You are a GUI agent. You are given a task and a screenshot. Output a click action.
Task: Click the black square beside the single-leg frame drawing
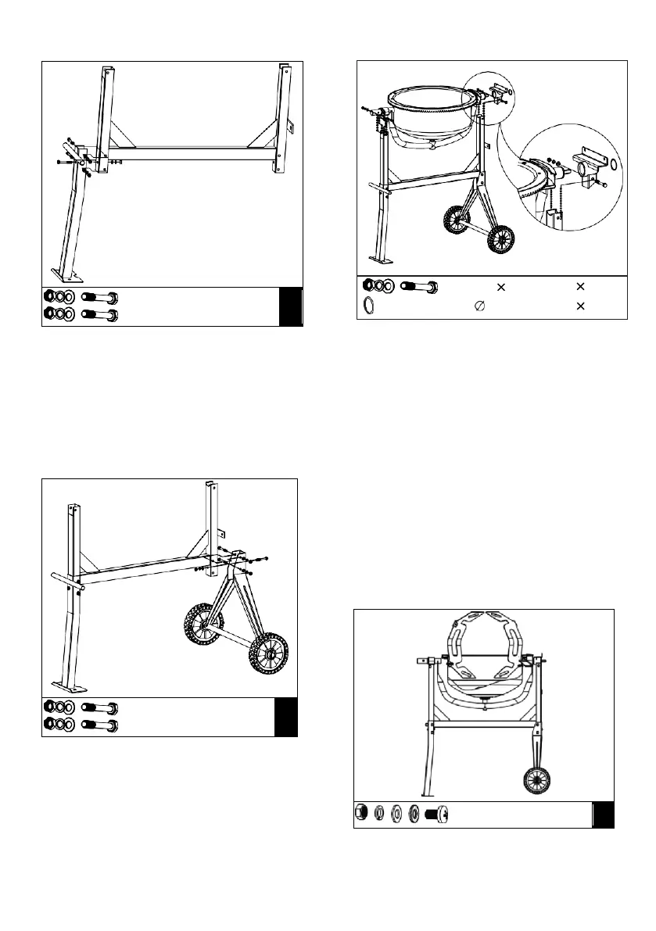(x=292, y=306)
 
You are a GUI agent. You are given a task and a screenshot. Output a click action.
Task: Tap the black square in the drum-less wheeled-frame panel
(x=286, y=717)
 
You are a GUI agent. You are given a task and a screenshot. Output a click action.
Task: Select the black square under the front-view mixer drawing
(x=603, y=815)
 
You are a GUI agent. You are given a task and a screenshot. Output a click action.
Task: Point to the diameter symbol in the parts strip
(x=479, y=306)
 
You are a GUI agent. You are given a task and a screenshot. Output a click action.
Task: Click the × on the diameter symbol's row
(x=579, y=306)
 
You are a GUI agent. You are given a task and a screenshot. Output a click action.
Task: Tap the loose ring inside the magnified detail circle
(x=615, y=164)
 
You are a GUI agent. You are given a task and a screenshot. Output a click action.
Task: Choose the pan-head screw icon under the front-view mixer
(x=435, y=814)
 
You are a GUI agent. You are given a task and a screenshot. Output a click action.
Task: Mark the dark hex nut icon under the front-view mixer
(x=362, y=814)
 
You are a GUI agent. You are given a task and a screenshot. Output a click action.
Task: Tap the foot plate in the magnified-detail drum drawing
(x=382, y=261)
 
